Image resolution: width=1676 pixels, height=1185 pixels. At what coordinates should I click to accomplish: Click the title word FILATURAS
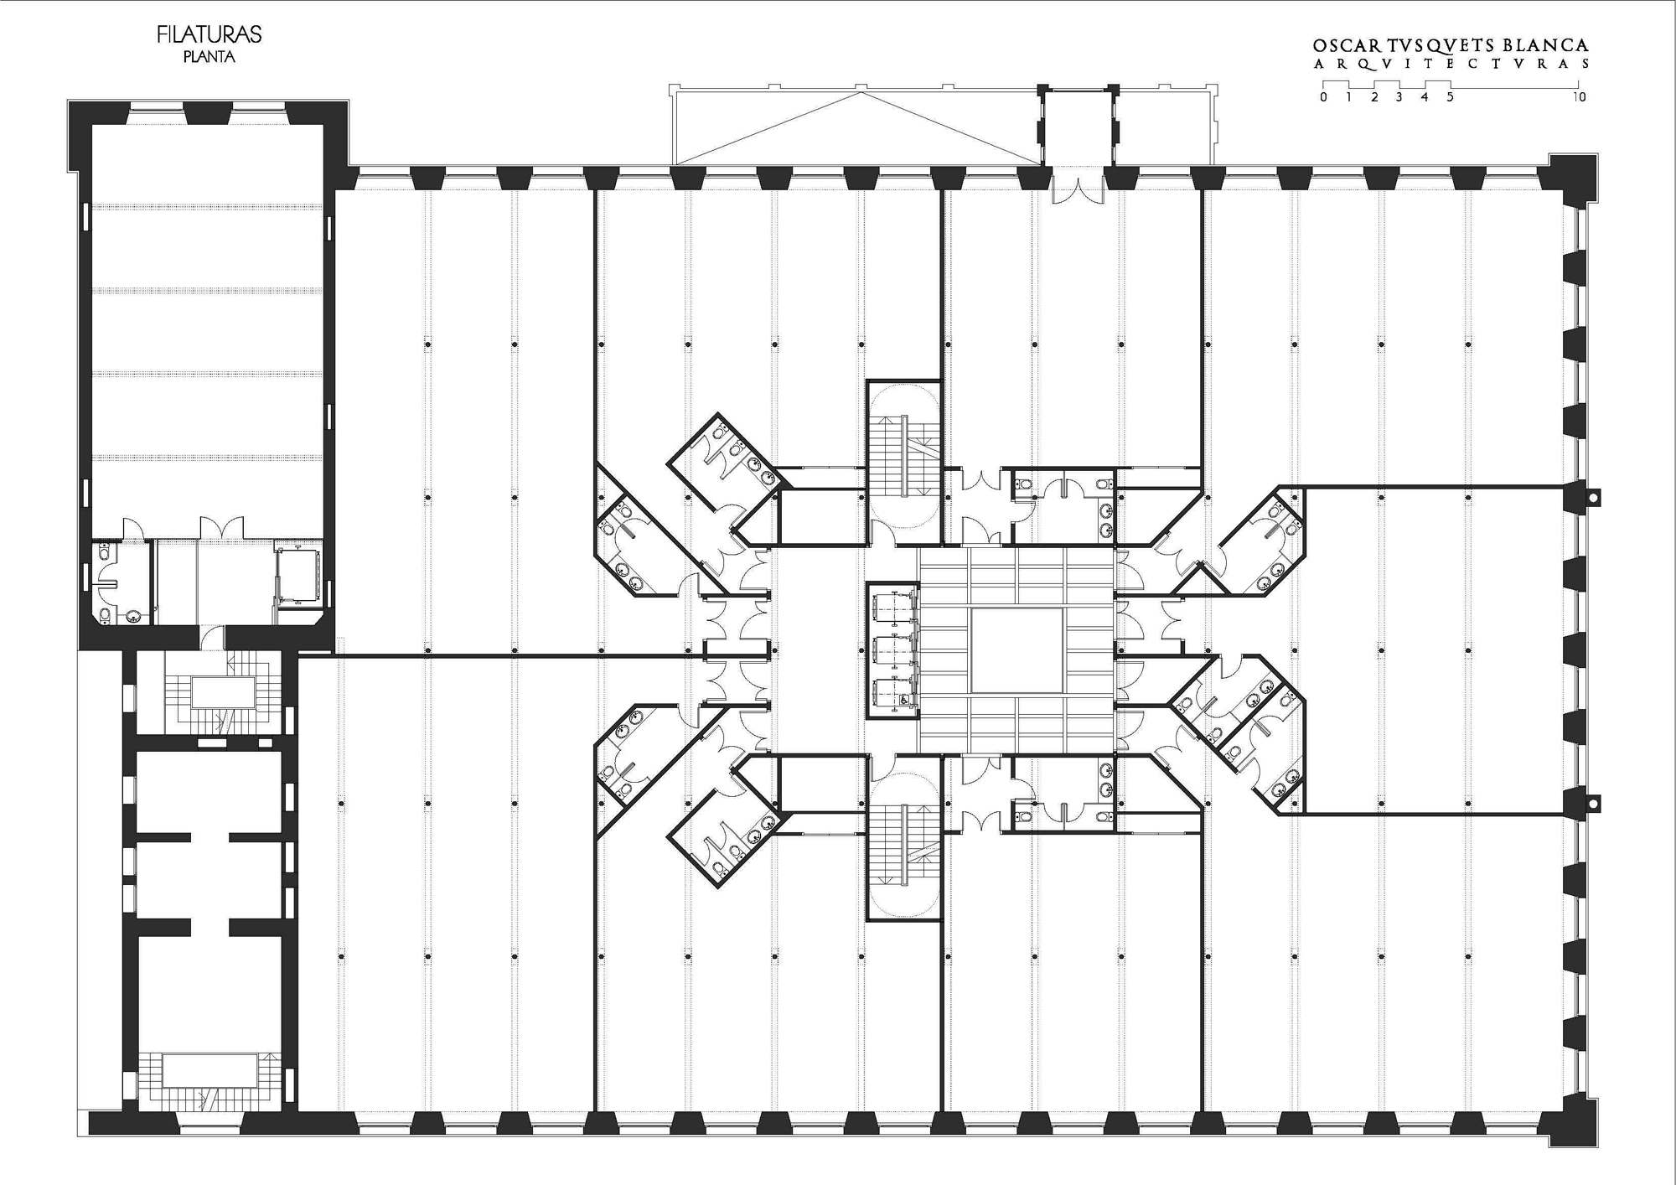pyautogui.click(x=209, y=34)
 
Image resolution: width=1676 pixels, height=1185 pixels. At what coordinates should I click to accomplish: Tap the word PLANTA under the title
pyautogui.click(x=209, y=58)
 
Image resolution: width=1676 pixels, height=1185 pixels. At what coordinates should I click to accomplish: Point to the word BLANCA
pyautogui.click(x=1543, y=46)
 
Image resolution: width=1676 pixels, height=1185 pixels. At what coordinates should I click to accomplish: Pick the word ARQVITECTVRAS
pyautogui.click(x=1451, y=65)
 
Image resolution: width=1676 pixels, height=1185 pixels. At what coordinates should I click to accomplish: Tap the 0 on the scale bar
pyautogui.click(x=1323, y=97)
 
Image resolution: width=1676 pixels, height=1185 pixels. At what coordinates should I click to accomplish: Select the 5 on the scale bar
pyautogui.click(x=1451, y=97)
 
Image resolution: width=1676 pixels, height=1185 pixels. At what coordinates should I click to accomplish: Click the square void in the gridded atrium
pyautogui.click(x=1017, y=651)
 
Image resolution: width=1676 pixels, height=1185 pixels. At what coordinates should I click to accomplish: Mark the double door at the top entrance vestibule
pyautogui.click(x=1078, y=184)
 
